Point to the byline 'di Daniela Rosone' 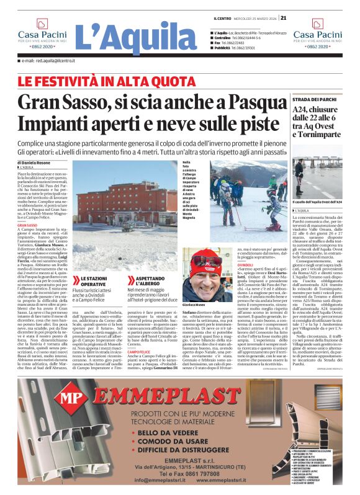click(x=35, y=163)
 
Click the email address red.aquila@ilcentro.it click(x=48, y=60)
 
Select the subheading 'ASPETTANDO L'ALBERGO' click(x=149, y=281)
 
